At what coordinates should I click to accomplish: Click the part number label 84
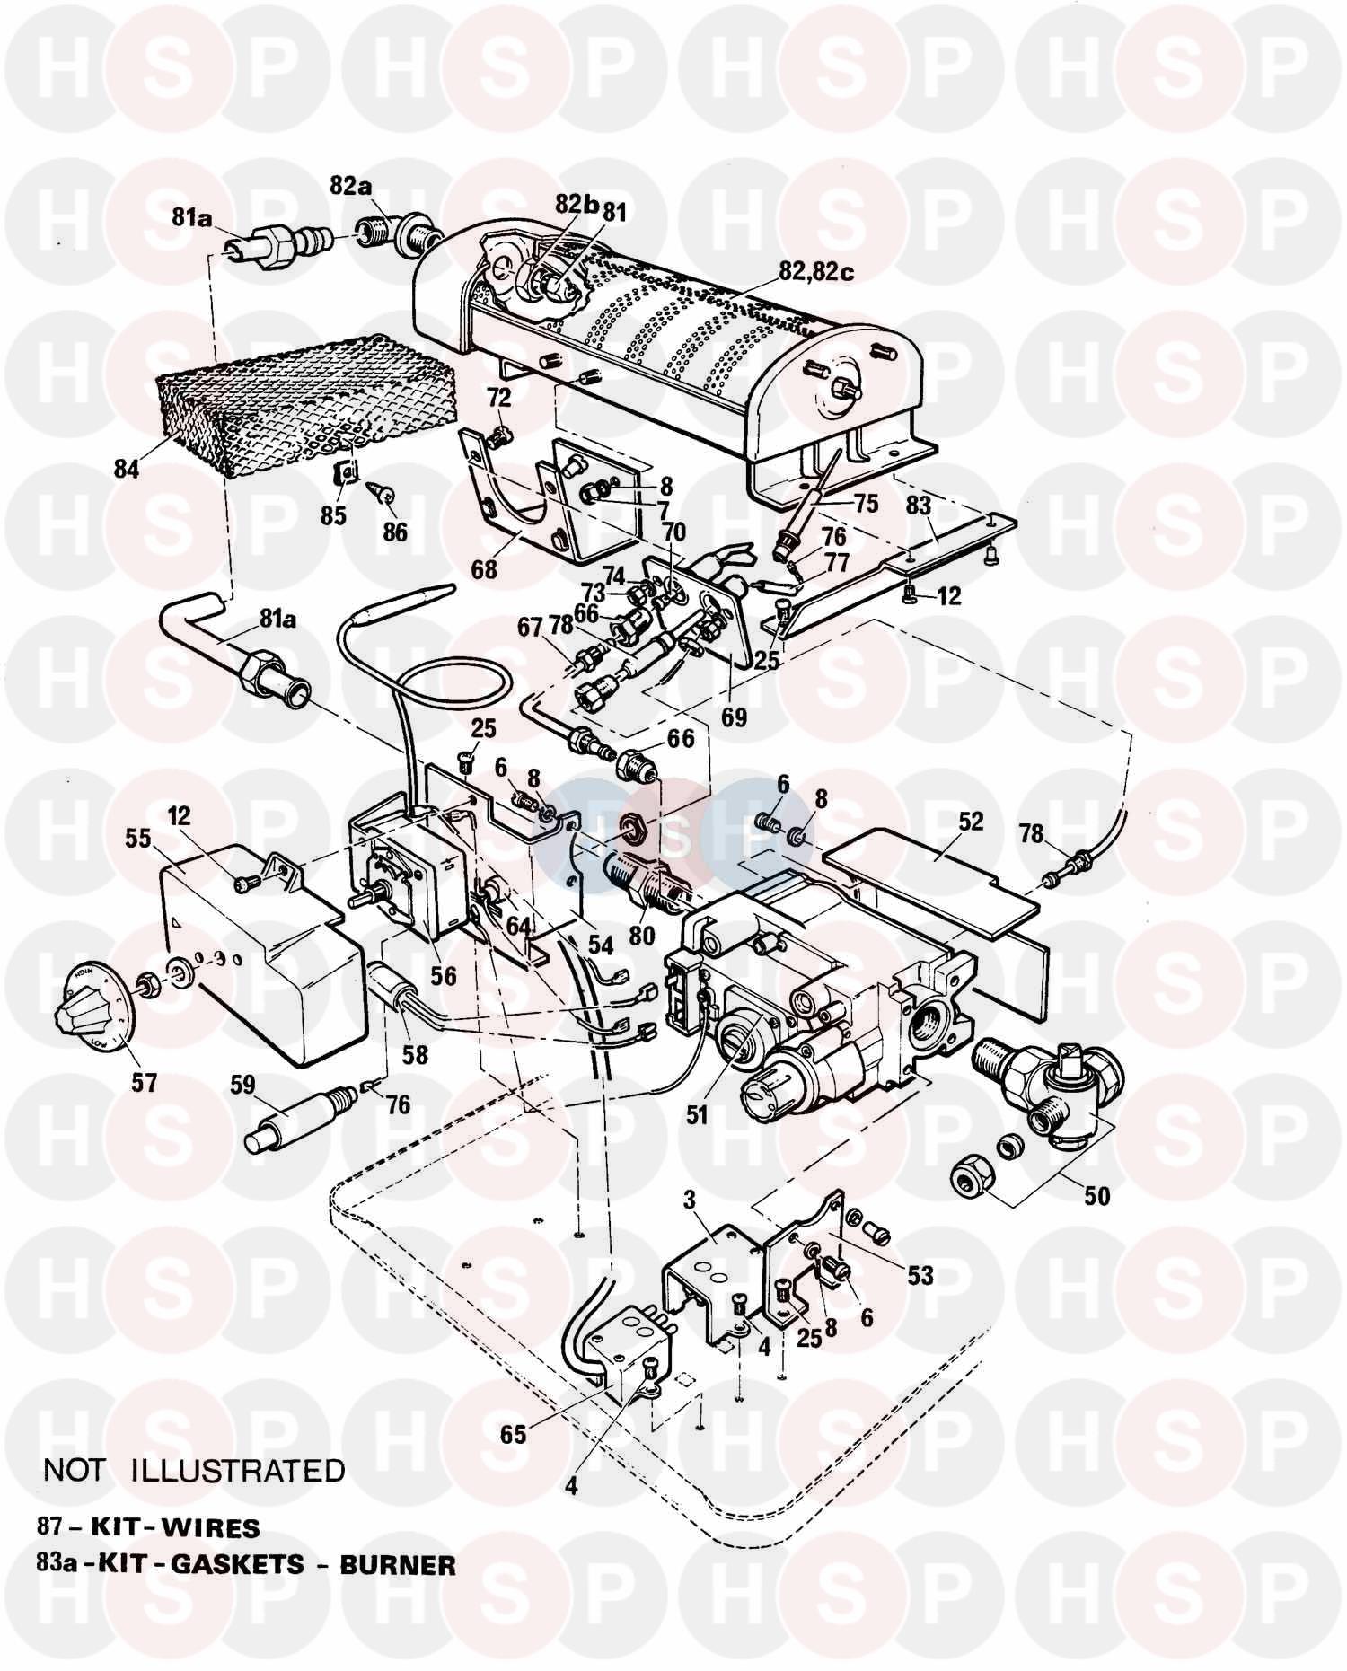pyautogui.click(x=127, y=468)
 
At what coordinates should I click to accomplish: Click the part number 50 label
pyautogui.click(x=1097, y=1195)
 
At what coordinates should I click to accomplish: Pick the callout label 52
pyautogui.click(x=971, y=822)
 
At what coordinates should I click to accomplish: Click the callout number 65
pyautogui.click(x=514, y=1434)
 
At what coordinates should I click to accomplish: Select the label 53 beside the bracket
pyautogui.click(x=920, y=1275)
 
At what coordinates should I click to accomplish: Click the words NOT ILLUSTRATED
pyautogui.click(x=194, y=1471)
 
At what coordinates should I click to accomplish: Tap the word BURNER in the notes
pyautogui.click(x=397, y=1565)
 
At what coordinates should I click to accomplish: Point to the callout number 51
pyautogui.click(x=697, y=1114)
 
